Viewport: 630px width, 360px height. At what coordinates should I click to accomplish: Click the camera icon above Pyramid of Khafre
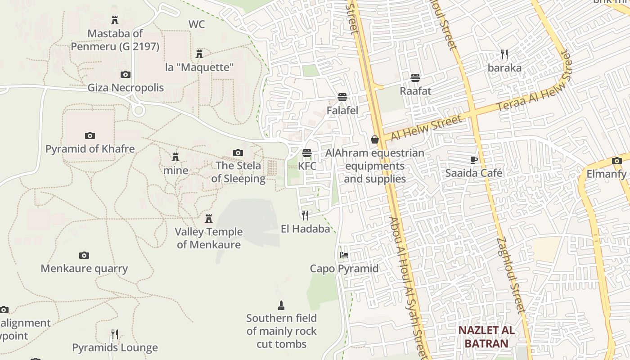[x=90, y=135]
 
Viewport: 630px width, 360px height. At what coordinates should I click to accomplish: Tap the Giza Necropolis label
[x=126, y=87]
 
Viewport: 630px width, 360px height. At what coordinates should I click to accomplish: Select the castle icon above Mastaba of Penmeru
[x=115, y=20]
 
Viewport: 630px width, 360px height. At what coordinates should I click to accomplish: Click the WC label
[x=197, y=24]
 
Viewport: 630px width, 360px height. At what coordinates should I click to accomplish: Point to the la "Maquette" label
[x=199, y=67]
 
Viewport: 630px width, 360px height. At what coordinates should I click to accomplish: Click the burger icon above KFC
[x=307, y=153]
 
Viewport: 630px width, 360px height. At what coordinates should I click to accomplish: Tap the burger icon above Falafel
[x=342, y=97]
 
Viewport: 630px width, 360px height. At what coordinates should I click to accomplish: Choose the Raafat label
[x=415, y=91]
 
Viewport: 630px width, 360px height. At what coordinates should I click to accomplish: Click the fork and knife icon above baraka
[x=504, y=54]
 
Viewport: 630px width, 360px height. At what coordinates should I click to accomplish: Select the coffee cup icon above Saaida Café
[x=473, y=160]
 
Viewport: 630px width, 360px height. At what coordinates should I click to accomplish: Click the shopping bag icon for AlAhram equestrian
[x=374, y=140]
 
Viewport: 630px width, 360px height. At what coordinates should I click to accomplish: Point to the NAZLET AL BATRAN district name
[x=486, y=337]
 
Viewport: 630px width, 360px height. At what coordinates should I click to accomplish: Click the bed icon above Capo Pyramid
[x=344, y=255]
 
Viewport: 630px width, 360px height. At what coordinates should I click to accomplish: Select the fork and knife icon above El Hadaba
[x=305, y=216]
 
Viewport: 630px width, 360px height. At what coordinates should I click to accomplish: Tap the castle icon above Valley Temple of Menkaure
[x=209, y=219]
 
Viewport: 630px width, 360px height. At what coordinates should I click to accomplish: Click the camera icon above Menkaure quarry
[x=84, y=256]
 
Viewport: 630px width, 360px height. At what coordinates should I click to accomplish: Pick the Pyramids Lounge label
[x=115, y=348]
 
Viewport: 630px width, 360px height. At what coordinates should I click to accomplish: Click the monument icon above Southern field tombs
[x=281, y=306]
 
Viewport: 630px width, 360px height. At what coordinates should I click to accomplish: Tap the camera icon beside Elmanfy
[x=616, y=161]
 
